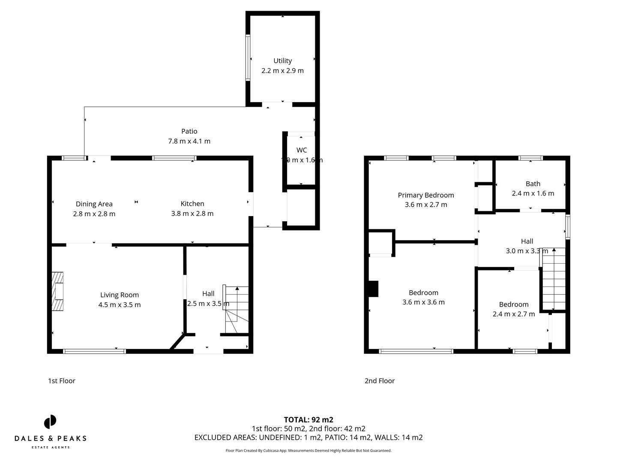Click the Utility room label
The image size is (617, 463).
click(x=282, y=61)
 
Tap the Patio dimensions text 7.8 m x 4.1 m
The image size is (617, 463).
click(x=189, y=141)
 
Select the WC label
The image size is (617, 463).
click(x=302, y=150)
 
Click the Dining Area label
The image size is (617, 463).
click(x=94, y=204)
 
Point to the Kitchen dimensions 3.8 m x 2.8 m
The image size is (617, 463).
click(x=192, y=213)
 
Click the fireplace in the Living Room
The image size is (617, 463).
click(x=57, y=291)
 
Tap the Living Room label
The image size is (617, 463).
click(x=119, y=295)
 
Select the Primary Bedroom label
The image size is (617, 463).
click(x=425, y=195)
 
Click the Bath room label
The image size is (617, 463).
click(x=533, y=184)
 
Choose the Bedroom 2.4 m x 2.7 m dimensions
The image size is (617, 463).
click(x=513, y=314)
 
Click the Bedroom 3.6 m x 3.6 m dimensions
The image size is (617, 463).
click(x=423, y=302)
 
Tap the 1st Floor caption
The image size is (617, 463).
click(x=61, y=381)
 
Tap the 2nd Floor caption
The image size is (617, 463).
click(x=379, y=381)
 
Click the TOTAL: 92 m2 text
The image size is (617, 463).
click(x=308, y=420)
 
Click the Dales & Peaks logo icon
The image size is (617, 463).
click(x=50, y=422)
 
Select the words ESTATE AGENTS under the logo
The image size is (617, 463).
click(x=50, y=447)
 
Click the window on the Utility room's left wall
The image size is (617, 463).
click(x=248, y=57)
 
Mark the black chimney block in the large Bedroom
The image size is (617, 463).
click(x=373, y=289)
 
